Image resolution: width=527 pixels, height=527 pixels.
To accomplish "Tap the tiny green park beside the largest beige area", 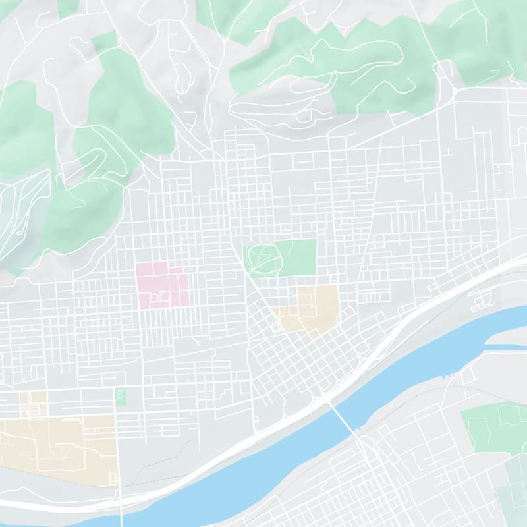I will [x=121, y=397].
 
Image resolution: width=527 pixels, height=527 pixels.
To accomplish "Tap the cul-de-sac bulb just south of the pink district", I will [x=198, y=342].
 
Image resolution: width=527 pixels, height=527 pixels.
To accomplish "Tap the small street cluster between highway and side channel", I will [x=478, y=300].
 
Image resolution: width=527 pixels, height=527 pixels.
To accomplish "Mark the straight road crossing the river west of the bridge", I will [x=123, y=514].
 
